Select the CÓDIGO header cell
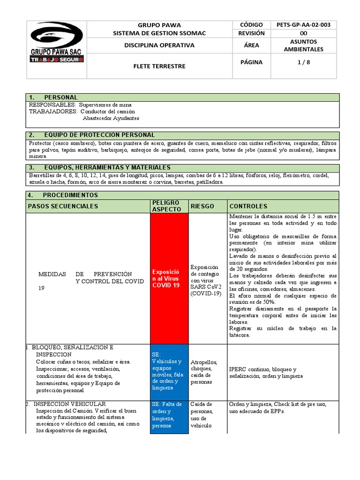pyautogui.click(x=252, y=25)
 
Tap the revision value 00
pyautogui.click(x=303, y=33)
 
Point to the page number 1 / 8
pyautogui.click(x=303, y=62)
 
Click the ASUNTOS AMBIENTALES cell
pyautogui.click(x=303, y=45)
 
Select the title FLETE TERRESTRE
pyautogui.click(x=159, y=66)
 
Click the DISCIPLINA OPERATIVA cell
pyautogui.click(x=159, y=45)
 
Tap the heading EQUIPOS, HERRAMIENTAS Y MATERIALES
pyautogui.click(x=106, y=167)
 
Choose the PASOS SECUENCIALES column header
pyautogui.click(x=63, y=206)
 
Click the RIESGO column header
pyautogui.click(x=202, y=206)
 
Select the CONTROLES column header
pyautogui.click(x=248, y=206)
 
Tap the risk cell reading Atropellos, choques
pyautogui.click(x=204, y=372)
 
